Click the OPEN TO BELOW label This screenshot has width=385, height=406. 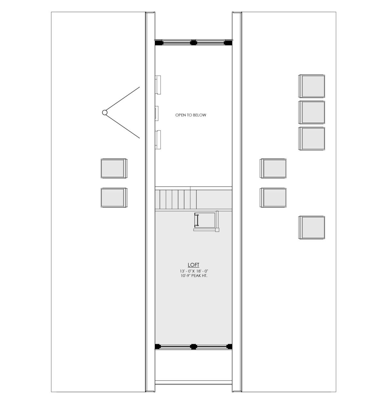(191, 115)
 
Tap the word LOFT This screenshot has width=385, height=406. (193, 265)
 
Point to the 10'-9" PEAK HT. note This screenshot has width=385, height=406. (194, 276)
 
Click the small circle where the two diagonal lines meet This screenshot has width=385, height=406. (105, 112)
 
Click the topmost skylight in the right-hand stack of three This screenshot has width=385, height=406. (312, 86)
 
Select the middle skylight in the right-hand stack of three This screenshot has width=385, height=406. (312, 112)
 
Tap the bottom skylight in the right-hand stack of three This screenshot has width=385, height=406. (312, 138)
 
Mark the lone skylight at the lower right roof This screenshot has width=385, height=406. (312, 227)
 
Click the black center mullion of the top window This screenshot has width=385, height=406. (193, 42)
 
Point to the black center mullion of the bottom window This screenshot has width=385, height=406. (193, 346)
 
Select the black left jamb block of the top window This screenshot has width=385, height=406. (158, 42)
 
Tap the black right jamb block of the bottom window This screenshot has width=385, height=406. (229, 346)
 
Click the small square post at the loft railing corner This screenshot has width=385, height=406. (217, 230)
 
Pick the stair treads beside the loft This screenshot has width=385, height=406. (176, 199)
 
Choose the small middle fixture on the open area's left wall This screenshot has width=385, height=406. (157, 113)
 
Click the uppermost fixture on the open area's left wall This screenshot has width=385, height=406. (158, 85)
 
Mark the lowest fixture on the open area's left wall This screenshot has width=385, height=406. (158, 139)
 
